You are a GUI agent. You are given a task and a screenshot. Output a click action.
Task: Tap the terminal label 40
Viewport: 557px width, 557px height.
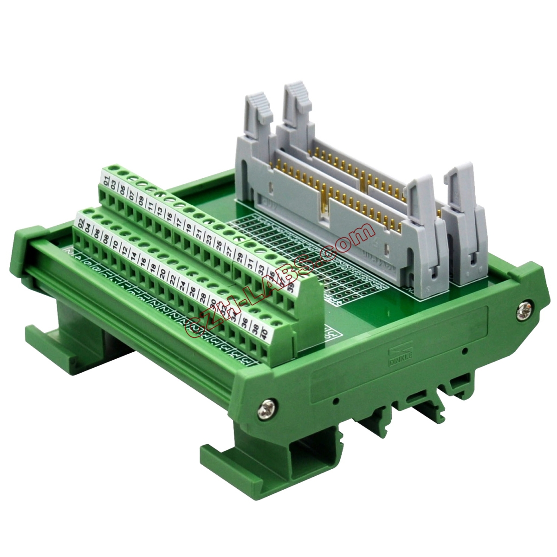264,333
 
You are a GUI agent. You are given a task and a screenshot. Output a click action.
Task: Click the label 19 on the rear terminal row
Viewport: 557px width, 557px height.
188,228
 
